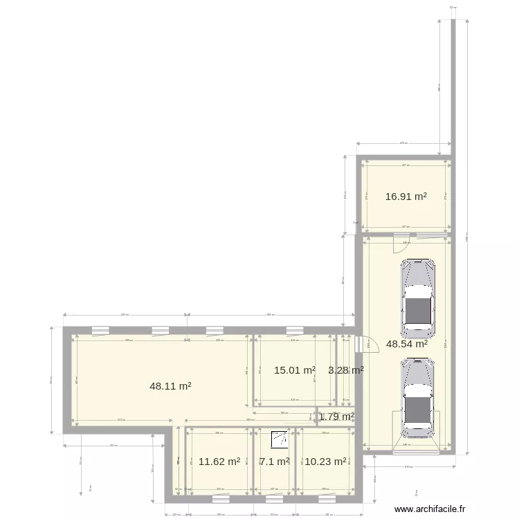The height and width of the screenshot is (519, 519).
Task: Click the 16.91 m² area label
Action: (406, 197)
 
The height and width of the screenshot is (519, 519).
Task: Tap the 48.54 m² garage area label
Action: (407, 343)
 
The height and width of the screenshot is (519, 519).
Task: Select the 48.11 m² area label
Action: (170, 387)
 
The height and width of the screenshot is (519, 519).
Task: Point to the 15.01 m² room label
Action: (295, 370)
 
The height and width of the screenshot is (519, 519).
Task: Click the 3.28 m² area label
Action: (346, 370)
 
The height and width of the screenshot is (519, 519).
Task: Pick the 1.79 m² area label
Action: (337, 417)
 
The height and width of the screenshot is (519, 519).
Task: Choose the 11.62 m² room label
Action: (219, 461)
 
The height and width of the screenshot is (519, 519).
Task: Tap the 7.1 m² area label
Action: (274, 461)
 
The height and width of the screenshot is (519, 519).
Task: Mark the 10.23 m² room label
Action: (325, 461)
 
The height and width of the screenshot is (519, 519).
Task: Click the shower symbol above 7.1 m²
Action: (281, 439)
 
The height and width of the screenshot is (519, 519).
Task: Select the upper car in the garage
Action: (419, 296)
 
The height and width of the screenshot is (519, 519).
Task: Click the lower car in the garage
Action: (419, 397)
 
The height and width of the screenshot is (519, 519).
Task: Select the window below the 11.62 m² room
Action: (221, 496)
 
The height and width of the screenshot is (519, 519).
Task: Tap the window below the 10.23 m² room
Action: (325, 496)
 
